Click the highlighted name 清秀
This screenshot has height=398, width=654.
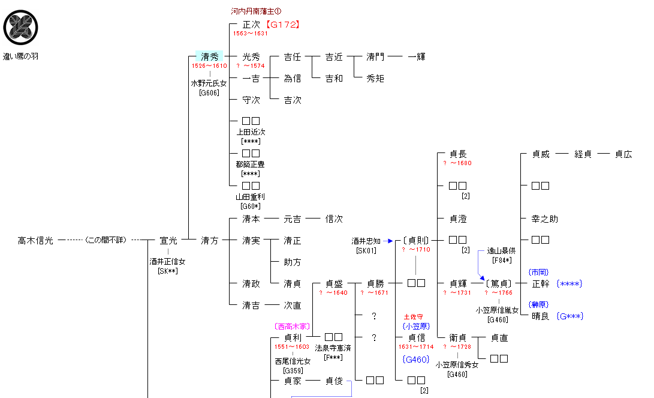209,56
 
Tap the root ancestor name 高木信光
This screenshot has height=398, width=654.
35,240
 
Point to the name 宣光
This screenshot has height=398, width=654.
168,240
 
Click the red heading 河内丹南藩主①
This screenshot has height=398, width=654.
256,11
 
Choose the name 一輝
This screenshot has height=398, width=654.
416,56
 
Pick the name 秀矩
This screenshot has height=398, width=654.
375,78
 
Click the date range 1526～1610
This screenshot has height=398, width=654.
209,66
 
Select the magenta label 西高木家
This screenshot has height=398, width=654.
291,327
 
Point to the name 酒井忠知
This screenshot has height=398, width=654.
366,241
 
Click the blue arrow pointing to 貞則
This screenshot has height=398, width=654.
390,241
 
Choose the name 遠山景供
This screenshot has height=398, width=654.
501,252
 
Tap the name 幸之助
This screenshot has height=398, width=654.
544,219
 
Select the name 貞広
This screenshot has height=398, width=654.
623,154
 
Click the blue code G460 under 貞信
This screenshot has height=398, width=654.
416,360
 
